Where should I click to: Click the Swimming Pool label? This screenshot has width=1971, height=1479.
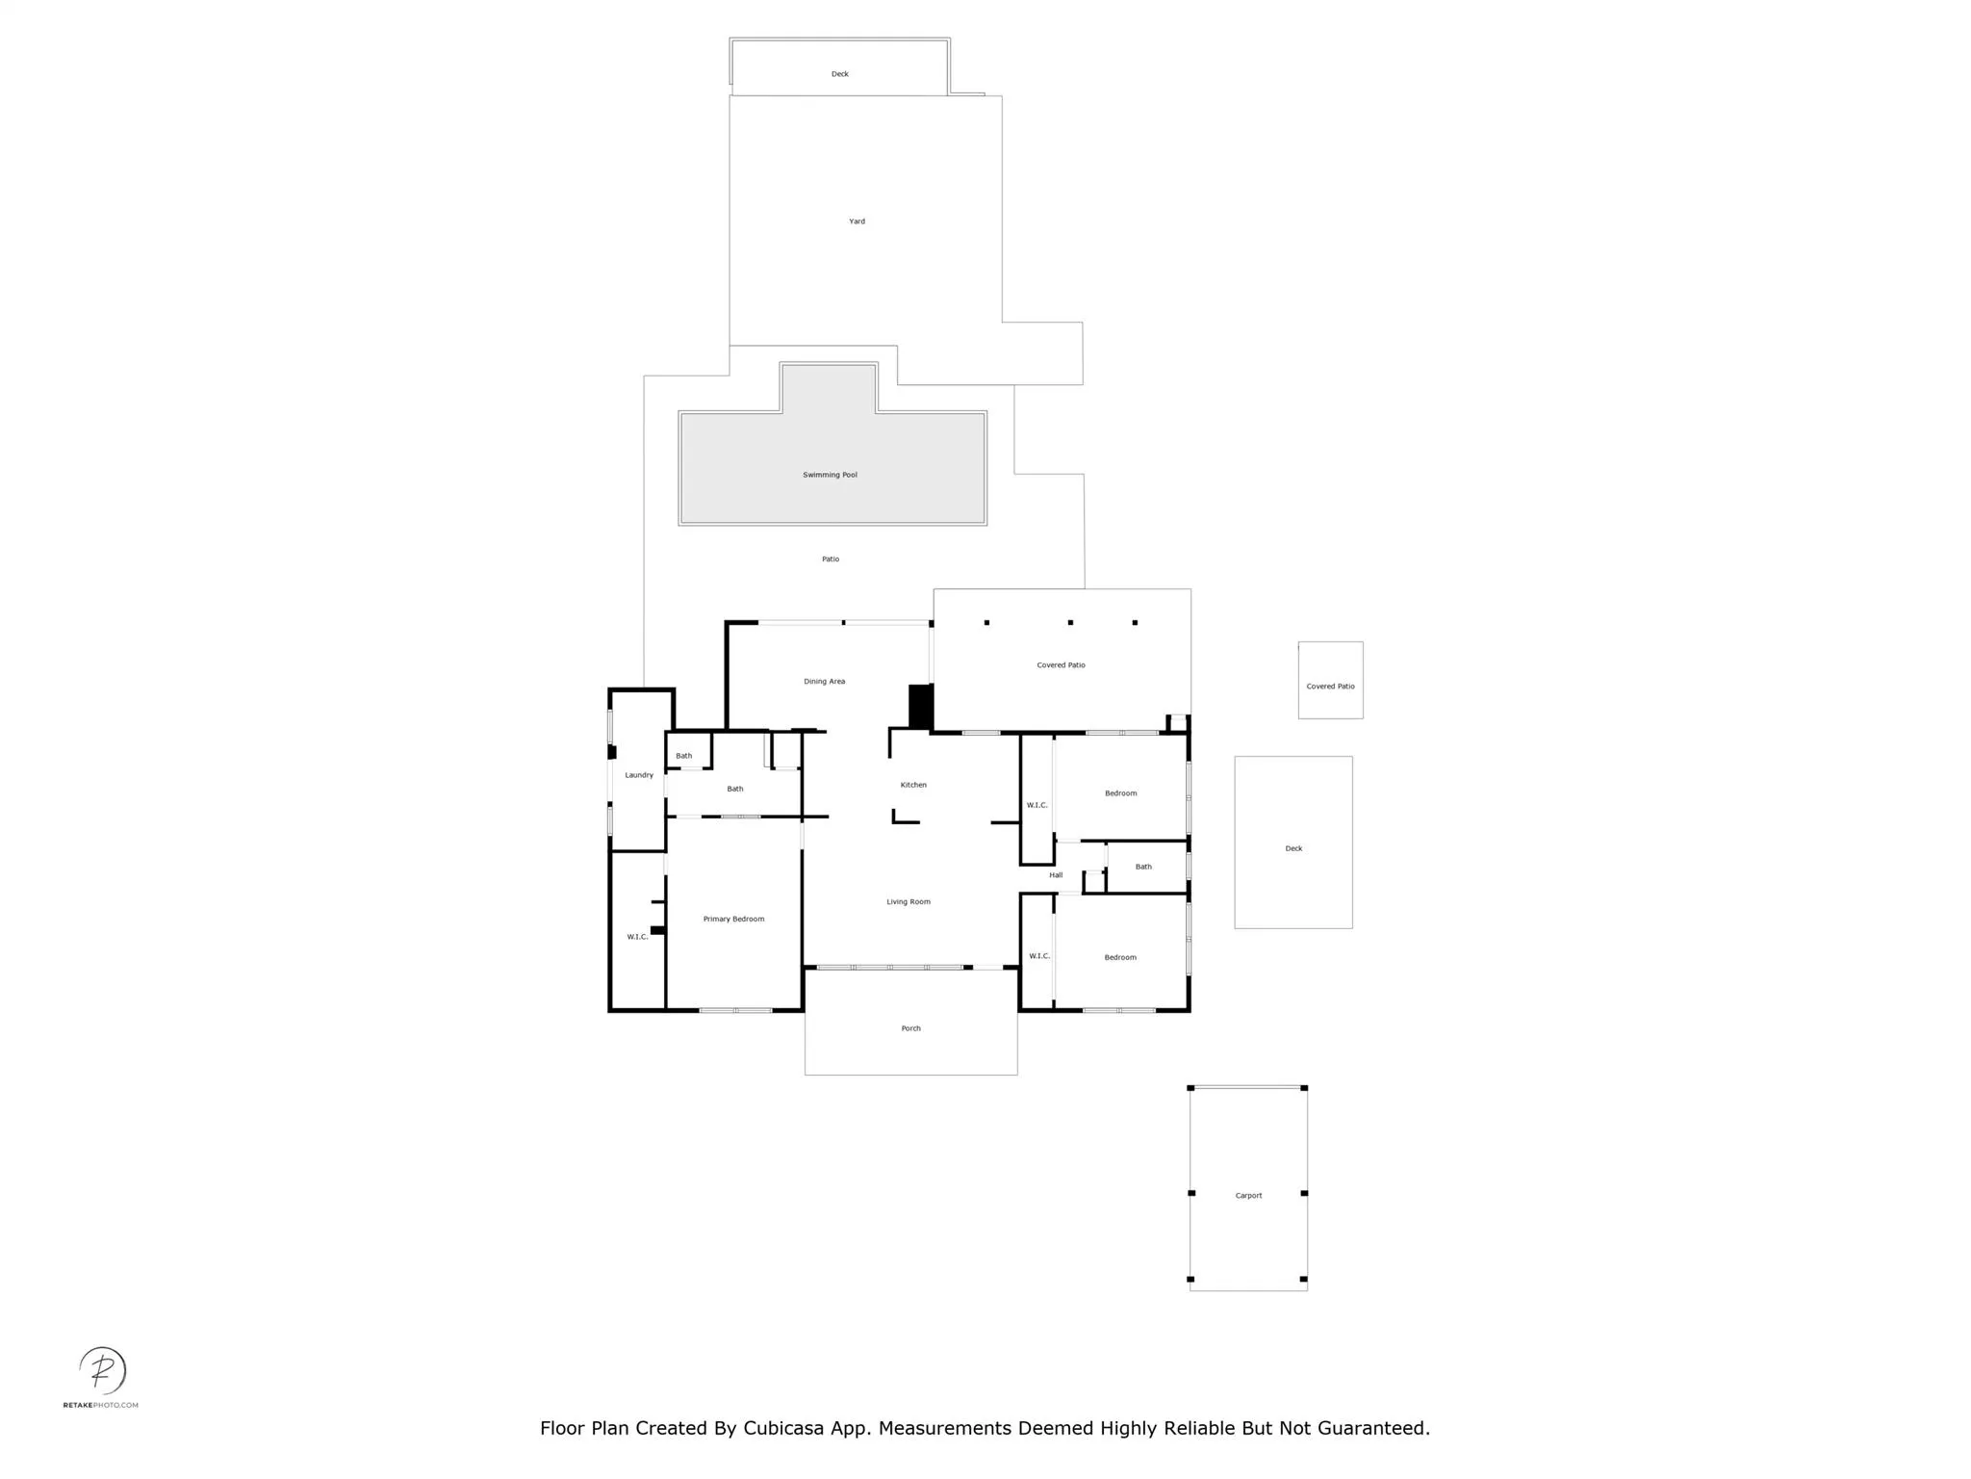tap(830, 475)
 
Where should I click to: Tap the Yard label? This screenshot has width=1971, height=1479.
tap(857, 221)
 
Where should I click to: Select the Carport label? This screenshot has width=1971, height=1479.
tap(1248, 1196)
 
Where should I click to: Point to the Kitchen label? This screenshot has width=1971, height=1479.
tap(913, 785)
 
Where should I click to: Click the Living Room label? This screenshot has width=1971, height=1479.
tap(909, 902)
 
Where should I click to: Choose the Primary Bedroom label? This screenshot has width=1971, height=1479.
tap(733, 920)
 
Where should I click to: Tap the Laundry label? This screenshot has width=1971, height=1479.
tap(639, 775)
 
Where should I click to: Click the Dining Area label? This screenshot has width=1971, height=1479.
tap(824, 682)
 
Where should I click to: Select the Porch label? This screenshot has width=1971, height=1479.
tap(910, 1028)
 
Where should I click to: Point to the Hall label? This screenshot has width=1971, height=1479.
tap(1056, 875)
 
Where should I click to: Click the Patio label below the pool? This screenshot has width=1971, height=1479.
tap(831, 559)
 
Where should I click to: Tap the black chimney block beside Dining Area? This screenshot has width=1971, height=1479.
tap(921, 707)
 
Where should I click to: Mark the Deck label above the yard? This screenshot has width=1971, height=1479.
tap(840, 74)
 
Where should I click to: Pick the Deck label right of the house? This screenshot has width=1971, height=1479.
tap(1293, 849)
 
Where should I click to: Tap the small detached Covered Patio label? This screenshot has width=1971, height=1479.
tap(1330, 687)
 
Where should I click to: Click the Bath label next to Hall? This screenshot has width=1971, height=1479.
tap(1143, 867)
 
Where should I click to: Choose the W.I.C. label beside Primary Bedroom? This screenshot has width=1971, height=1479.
tap(637, 937)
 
